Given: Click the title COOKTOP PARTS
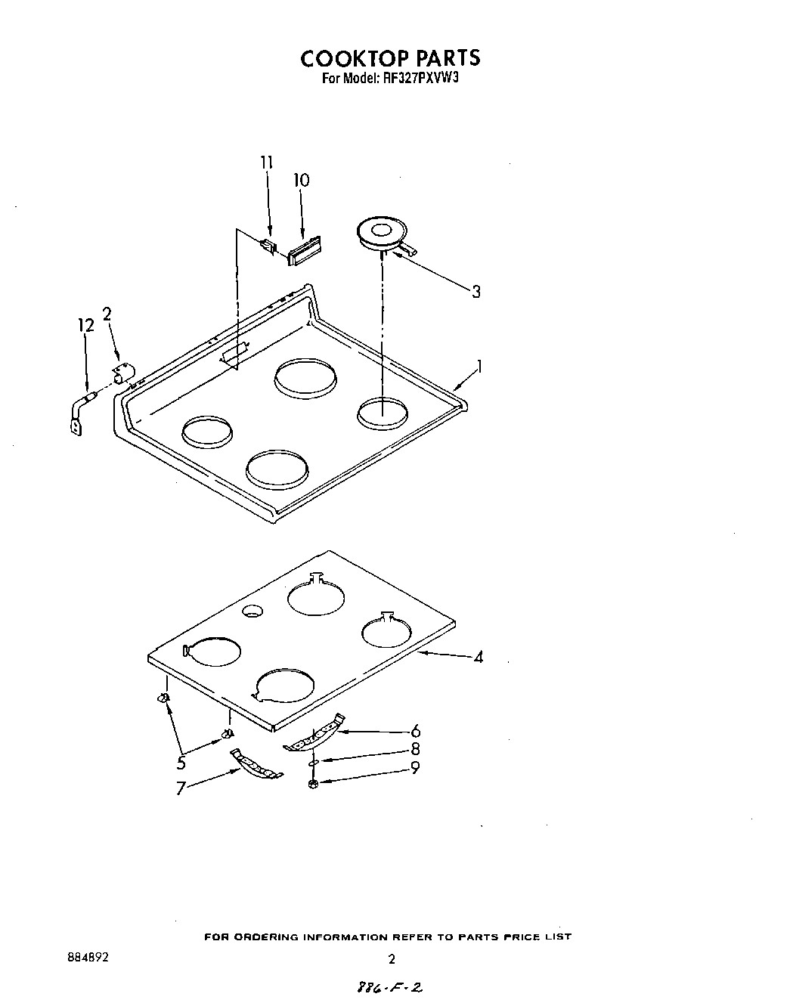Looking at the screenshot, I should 390,58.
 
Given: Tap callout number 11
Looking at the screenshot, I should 266,163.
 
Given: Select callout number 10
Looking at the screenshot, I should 301,180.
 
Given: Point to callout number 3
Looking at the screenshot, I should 476,292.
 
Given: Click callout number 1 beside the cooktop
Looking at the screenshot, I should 479,367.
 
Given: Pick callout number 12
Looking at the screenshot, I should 86,325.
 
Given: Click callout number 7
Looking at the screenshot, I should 181,789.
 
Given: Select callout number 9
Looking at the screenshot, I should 415,768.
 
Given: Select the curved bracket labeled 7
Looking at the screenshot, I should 256,764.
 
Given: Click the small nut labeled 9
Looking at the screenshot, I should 313,784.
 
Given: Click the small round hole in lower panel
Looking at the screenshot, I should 252,611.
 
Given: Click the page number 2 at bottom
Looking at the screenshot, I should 392,960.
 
